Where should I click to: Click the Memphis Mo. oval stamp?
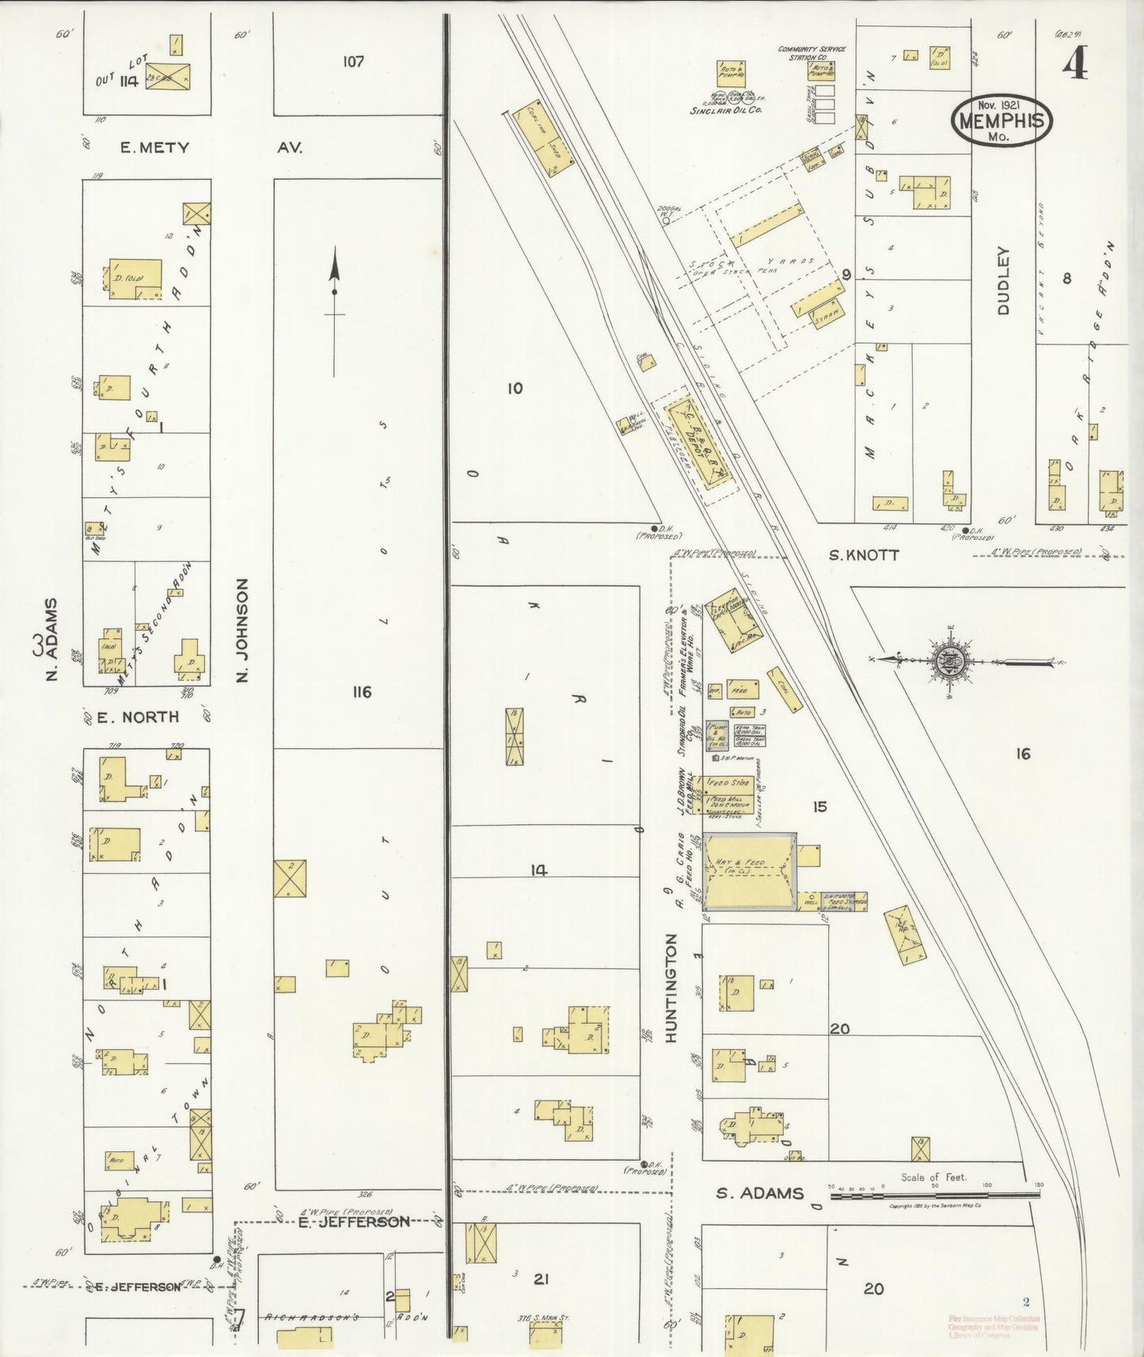(x=1001, y=120)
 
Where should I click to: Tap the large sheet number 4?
(x=1074, y=63)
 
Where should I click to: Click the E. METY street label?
(x=154, y=147)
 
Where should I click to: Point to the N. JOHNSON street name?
(x=242, y=629)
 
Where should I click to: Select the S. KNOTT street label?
(x=863, y=556)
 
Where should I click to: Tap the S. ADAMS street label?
(x=759, y=1193)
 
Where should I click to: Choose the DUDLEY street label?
(x=1003, y=281)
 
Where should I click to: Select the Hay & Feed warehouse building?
(x=750, y=871)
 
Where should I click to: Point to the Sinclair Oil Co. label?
(x=726, y=111)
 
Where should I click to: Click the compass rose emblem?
(x=948, y=660)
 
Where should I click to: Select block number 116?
(x=362, y=693)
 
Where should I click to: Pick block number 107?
(x=353, y=61)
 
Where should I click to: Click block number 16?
(x=1023, y=754)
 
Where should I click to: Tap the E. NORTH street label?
(x=138, y=717)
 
